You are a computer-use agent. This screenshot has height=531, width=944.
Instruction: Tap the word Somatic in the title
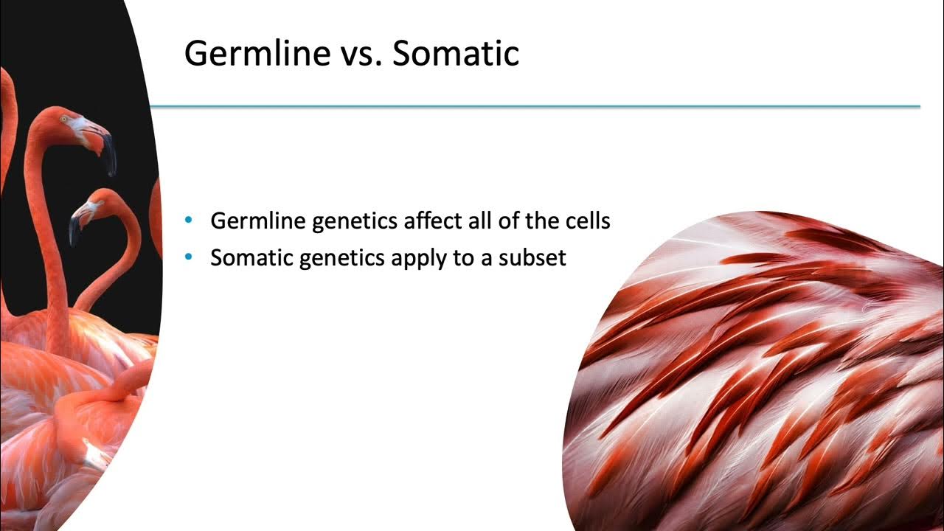455,53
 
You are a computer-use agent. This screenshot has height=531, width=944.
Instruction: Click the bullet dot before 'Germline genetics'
190,220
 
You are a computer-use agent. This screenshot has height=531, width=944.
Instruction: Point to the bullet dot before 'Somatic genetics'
190,257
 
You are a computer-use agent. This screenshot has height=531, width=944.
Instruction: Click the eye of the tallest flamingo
63,119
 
